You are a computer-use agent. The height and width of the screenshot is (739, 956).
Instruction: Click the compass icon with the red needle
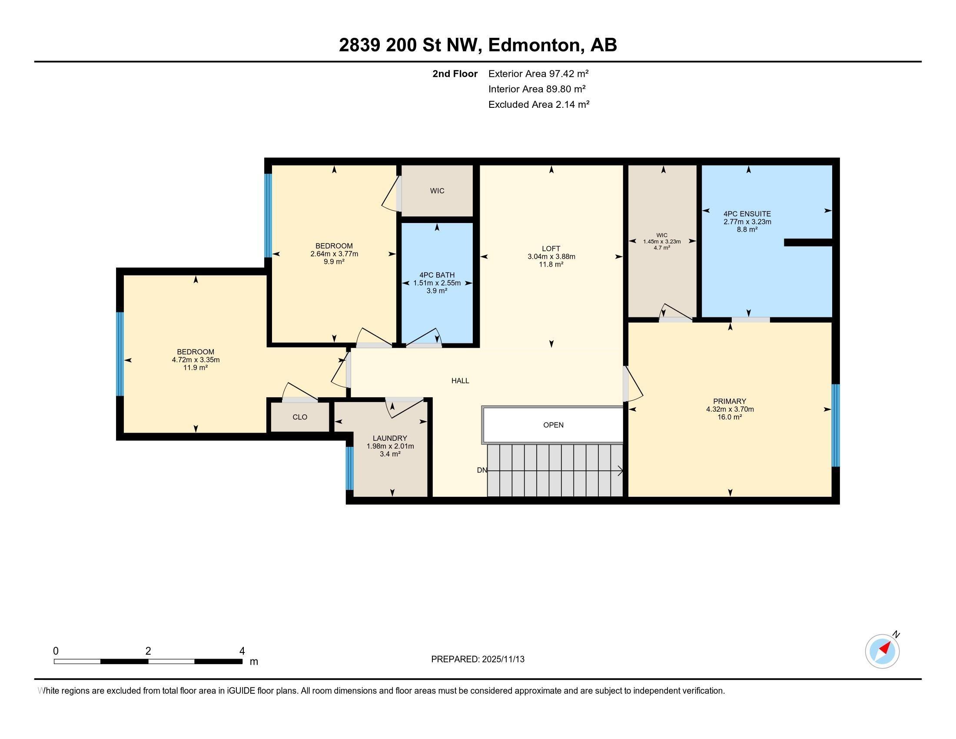[x=882, y=651]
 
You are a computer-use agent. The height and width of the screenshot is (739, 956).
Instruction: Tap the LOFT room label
[x=551, y=249]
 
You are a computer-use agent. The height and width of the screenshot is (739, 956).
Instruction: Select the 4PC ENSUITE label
[x=747, y=213]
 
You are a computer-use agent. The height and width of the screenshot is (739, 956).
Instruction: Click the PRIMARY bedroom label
[x=729, y=401]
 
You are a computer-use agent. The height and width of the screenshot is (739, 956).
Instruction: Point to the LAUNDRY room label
[x=390, y=438]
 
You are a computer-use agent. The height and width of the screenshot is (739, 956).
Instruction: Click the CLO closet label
[x=300, y=417]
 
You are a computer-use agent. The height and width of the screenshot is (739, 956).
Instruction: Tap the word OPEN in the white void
[x=553, y=425]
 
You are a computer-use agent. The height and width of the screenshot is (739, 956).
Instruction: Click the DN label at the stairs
[x=481, y=470]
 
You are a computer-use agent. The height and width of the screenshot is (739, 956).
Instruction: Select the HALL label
[x=460, y=381]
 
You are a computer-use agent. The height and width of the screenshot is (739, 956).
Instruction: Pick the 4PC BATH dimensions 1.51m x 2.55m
[x=437, y=283]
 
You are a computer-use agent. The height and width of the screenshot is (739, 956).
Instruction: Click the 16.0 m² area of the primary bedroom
[x=730, y=417]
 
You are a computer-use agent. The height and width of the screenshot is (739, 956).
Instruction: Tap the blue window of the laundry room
[x=349, y=468]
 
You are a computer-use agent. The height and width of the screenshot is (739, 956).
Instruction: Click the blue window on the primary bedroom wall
[x=835, y=425]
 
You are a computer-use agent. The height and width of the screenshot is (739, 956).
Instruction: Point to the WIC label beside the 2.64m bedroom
[x=437, y=191]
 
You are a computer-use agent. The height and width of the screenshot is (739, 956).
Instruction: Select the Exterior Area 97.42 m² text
[x=538, y=73]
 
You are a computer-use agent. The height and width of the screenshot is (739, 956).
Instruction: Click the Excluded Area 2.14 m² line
[x=538, y=104]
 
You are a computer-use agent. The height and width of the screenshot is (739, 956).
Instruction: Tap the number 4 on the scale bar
[x=242, y=651]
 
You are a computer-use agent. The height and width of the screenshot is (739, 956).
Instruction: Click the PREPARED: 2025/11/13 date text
[x=478, y=659]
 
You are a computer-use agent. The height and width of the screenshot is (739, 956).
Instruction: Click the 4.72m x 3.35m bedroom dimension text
[x=196, y=360]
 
